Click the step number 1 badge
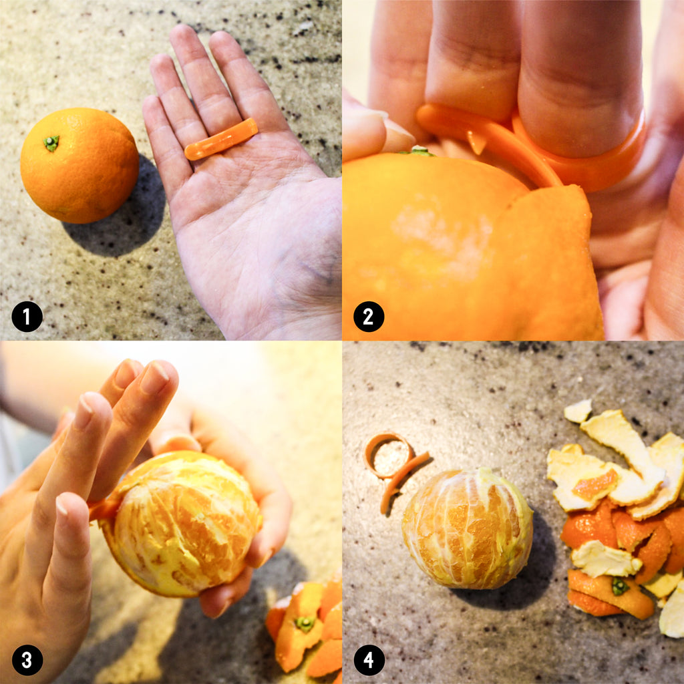(x=27, y=316)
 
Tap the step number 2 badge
(x=369, y=316)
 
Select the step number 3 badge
(x=27, y=660)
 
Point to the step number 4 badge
(x=369, y=660)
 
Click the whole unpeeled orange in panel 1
(x=79, y=166)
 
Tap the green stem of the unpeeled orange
(x=51, y=143)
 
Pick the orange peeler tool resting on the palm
(x=220, y=139)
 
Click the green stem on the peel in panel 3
(x=305, y=624)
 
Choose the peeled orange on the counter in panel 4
(x=468, y=529)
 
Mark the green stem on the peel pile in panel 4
(x=620, y=586)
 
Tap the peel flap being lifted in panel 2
(x=545, y=262)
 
